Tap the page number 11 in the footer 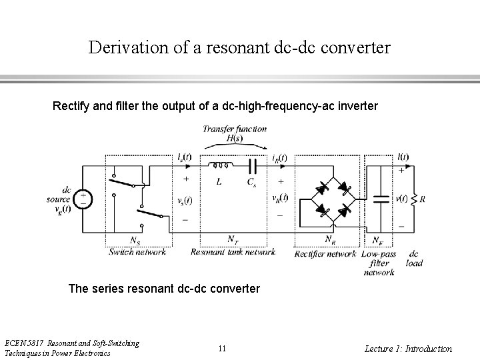222,348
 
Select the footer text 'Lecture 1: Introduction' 409,349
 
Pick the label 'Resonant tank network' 233,252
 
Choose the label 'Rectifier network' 325,253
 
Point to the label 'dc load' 414,258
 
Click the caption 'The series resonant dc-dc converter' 165,289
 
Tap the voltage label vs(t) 185,201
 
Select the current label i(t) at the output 402,157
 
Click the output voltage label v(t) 401,198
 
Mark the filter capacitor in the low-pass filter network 381,199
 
